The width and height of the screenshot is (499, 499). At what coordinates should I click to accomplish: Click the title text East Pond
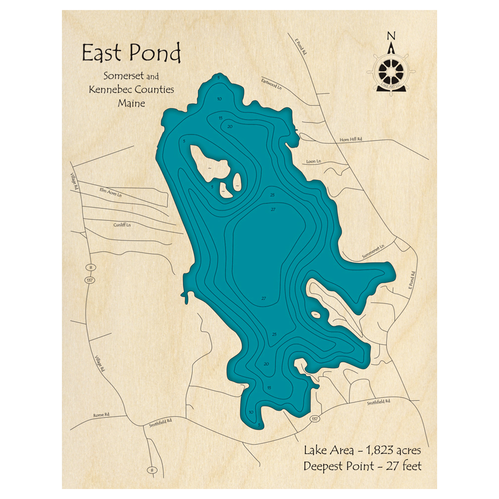(x=131, y=53)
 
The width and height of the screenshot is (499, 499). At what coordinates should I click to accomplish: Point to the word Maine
(x=131, y=103)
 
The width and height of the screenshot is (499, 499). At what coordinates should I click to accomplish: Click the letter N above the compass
(x=391, y=35)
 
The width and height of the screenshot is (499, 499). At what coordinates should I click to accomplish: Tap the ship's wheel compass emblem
(x=391, y=70)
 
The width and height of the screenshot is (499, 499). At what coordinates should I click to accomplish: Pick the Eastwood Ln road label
(x=272, y=83)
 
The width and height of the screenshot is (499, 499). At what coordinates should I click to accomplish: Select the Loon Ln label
(x=312, y=161)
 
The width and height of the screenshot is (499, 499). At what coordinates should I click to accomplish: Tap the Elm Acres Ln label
(x=111, y=191)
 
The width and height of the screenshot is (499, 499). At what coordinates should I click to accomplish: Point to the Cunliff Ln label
(x=122, y=225)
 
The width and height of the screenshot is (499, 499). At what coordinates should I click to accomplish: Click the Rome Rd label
(x=101, y=415)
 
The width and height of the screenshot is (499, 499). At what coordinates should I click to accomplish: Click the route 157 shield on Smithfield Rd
(x=314, y=418)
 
